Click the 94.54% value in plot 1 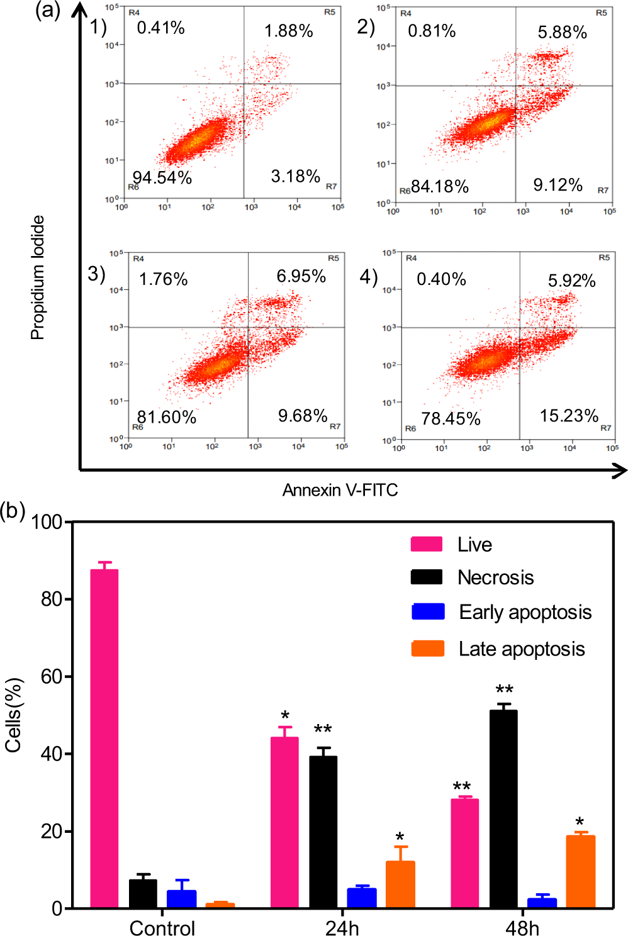pos(162,177)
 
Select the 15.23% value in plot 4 pos(569,416)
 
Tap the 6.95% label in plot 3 pos(301,276)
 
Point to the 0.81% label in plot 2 pos(432,31)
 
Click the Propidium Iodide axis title pos(38,277)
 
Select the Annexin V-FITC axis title pos(340,490)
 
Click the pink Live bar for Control pos(104,738)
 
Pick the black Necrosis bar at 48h pos(503,809)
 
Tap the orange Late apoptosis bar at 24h pos(400,884)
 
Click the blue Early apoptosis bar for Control pos(181,899)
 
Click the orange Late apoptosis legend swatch pos(428,649)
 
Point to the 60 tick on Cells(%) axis pos(51,677)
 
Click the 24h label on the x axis pos(342,928)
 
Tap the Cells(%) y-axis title pos(14,715)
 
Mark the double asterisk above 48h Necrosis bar pos(504,690)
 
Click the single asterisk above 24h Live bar pos(285,716)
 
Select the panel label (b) pos(13,510)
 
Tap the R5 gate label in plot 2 pos(601,13)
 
